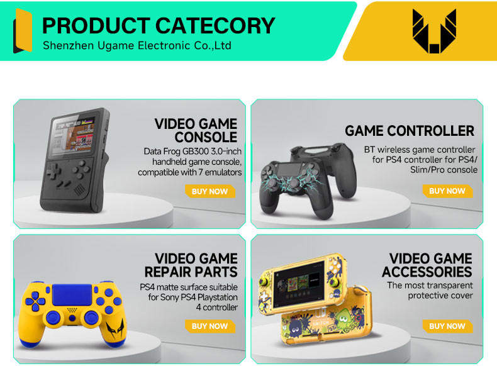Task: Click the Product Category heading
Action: point(159,25)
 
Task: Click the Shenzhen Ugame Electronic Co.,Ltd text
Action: point(137,46)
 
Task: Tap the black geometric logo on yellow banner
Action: point(434,31)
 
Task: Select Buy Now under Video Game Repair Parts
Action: point(209,326)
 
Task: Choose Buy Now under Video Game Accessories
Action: point(447,326)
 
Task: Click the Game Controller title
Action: point(410,131)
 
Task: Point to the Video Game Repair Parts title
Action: point(191,265)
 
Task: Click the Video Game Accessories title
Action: point(427,265)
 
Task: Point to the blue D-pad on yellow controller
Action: point(39,300)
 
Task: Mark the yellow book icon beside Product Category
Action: point(23,31)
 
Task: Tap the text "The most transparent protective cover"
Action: point(430,291)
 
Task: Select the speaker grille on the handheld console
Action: point(80,189)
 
